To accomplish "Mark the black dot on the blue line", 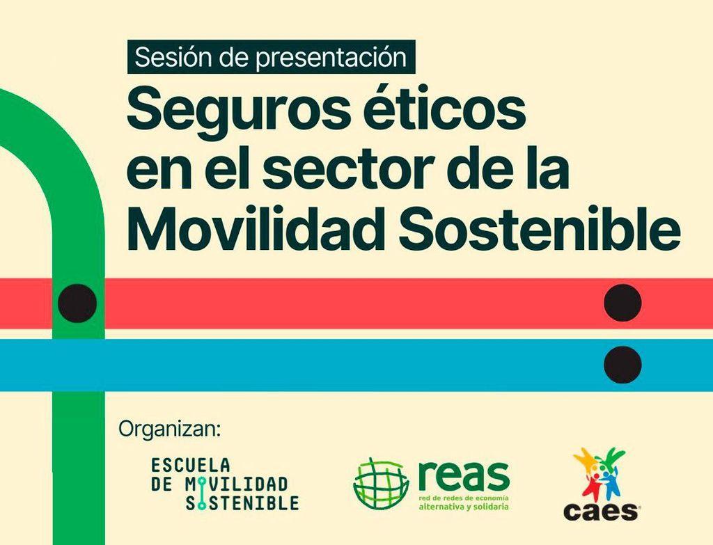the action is point(622,365).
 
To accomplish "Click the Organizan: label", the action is point(169,429).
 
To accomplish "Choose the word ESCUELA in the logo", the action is point(191,466).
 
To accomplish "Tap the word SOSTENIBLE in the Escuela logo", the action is point(242,503).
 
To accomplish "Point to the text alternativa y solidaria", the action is point(463,506).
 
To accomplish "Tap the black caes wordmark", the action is point(601,512).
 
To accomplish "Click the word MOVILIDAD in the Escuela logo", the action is point(237,484).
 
